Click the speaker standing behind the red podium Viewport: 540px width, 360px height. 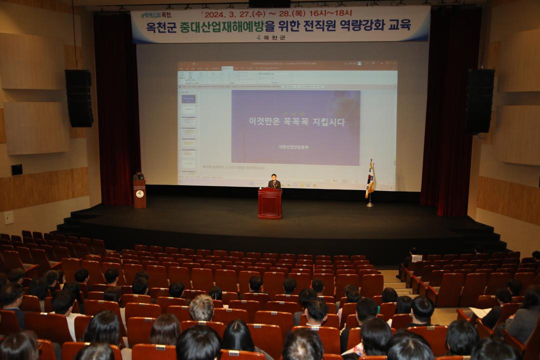(274, 182)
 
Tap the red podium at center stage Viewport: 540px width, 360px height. (270, 203)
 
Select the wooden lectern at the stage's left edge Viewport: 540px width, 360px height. (139, 194)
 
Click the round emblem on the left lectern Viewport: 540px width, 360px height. (139, 193)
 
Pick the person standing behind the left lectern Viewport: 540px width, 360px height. (138, 175)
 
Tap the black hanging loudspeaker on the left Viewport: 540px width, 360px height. (79, 98)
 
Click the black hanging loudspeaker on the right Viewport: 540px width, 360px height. (480, 101)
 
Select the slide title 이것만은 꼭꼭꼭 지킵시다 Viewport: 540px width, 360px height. (296, 121)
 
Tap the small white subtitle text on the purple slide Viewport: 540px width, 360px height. (293, 147)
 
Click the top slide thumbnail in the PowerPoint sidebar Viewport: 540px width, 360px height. (188, 99)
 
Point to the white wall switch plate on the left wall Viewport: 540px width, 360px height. (9, 217)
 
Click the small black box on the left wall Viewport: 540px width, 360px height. (16, 169)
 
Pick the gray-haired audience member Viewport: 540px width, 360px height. (201, 308)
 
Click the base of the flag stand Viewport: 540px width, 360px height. (369, 205)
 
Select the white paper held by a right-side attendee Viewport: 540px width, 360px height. (480, 312)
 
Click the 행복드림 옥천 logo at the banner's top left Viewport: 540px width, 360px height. (156, 15)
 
